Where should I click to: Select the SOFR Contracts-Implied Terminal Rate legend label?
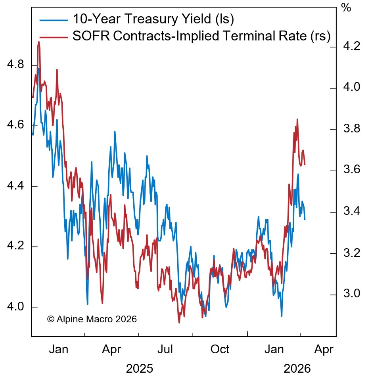201,36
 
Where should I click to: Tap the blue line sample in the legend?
53,19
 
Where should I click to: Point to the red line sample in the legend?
53,37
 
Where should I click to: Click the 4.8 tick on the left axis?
16,64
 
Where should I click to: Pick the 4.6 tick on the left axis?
16,125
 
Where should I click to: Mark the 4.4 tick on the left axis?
16,186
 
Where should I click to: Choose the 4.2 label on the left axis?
16,247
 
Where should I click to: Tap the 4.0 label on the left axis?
16,307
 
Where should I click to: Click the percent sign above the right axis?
346,8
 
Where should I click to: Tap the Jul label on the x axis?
165,349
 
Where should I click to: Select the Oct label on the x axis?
219,349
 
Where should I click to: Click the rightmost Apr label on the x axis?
324,349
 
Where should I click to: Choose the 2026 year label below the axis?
297,369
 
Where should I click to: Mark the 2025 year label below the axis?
139,369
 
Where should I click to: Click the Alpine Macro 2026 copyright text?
92,319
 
